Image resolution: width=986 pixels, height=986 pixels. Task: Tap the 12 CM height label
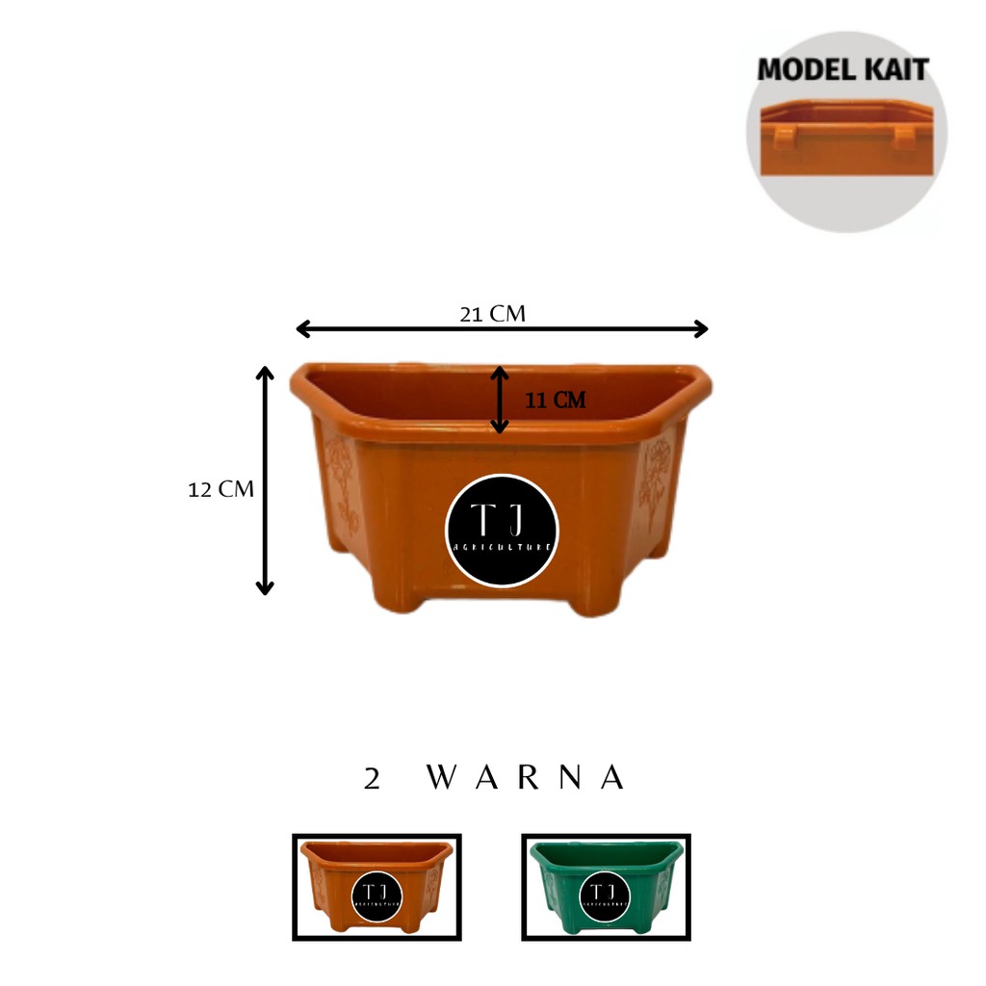(x=221, y=489)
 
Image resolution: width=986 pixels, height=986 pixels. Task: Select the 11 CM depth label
(x=555, y=401)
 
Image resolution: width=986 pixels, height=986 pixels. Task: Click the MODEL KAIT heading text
(x=843, y=70)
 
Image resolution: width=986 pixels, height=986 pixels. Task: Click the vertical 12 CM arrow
(x=265, y=480)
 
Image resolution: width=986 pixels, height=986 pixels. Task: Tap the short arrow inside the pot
(x=499, y=400)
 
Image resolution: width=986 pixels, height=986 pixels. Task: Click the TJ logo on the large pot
(x=502, y=531)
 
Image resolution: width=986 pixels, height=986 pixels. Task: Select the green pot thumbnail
(x=606, y=887)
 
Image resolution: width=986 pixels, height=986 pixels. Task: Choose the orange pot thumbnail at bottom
(x=376, y=887)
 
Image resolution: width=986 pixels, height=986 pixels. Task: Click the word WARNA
(x=525, y=778)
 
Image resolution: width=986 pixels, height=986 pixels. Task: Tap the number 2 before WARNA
(x=372, y=780)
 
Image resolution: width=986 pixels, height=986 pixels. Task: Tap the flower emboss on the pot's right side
(x=657, y=481)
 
